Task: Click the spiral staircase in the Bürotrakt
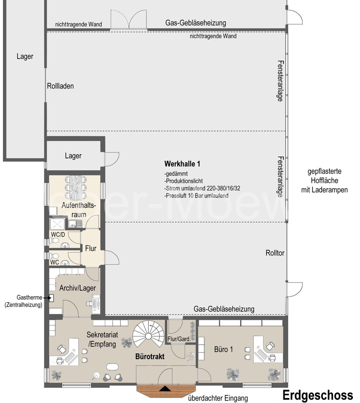[x=149, y=334]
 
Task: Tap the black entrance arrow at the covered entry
[x=164, y=388]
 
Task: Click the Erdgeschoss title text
[x=318, y=395]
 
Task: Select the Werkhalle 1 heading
[x=182, y=164]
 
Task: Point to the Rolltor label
[x=275, y=253]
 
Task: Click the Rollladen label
[x=60, y=86]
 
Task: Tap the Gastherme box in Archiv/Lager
[x=51, y=298]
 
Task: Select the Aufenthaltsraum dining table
[x=76, y=188]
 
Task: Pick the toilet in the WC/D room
[x=54, y=241]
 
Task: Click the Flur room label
[x=91, y=249]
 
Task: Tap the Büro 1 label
[x=223, y=349]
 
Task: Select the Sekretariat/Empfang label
[x=102, y=339]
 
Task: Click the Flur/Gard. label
[x=179, y=339]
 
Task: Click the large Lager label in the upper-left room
[x=25, y=56]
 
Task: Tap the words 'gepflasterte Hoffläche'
[x=325, y=176]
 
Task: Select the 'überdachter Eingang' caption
[x=218, y=398]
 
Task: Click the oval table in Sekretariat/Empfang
[x=112, y=367]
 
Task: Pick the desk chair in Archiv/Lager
[x=89, y=303]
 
